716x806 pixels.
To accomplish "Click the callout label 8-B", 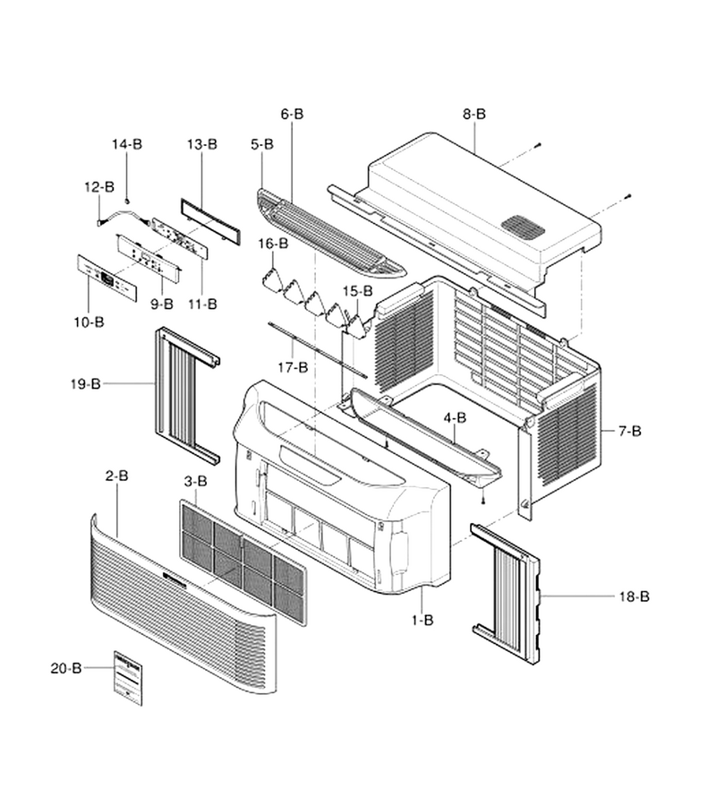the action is coord(473,114).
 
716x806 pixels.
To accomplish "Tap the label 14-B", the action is coord(127,144).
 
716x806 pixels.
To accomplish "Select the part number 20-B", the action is coord(66,668).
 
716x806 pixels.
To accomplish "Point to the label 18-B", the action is coord(634,596).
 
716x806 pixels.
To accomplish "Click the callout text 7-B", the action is coord(629,431).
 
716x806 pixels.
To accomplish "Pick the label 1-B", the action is coord(422,621).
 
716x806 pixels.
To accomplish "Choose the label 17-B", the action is coord(293,367).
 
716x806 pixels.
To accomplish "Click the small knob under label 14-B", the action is coord(127,200).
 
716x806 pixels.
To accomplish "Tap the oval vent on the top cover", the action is coord(523,227).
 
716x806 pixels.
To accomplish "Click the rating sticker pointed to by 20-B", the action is coord(128,678).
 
